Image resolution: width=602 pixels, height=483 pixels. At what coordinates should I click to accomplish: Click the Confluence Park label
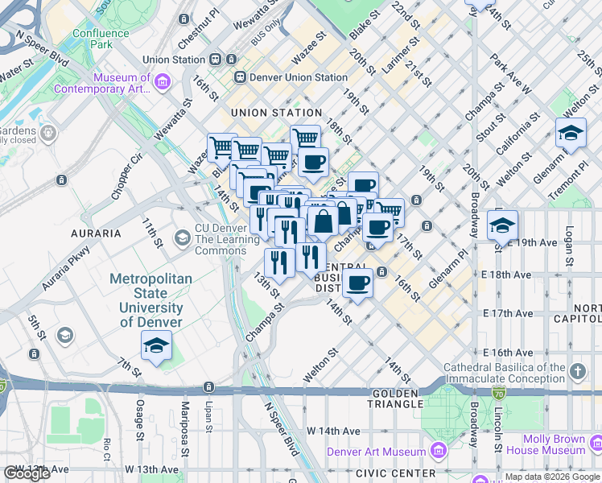pyautogui.click(x=101, y=39)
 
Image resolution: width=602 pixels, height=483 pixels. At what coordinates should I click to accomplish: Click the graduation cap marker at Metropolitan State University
pyautogui.click(x=155, y=346)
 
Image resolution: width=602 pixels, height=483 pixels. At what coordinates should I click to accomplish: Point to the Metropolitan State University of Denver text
pyautogui.click(x=150, y=300)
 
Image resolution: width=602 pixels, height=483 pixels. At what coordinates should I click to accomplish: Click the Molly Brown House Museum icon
pyautogui.click(x=596, y=444)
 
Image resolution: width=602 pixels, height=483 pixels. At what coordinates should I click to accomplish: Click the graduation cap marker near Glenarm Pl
pyautogui.click(x=571, y=132)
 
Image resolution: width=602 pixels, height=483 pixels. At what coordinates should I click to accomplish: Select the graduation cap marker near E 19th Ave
pyautogui.click(x=502, y=224)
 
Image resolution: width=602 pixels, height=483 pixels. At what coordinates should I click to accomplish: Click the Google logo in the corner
pyautogui.click(x=26, y=473)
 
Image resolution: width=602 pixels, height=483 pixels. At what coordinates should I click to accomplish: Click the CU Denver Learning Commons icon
pyautogui.click(x=183, y=237)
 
